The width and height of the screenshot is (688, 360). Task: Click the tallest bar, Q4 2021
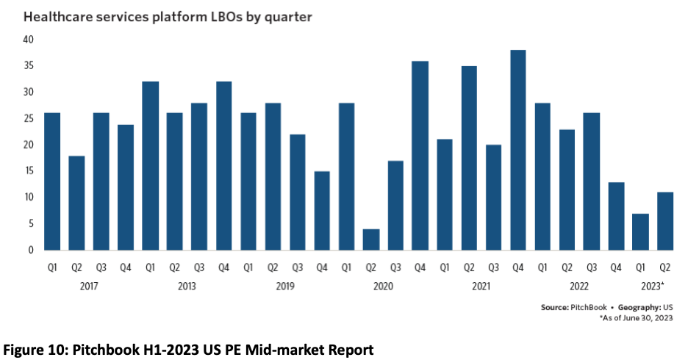pos(518,150)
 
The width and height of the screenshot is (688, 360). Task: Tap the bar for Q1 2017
pos(51,181)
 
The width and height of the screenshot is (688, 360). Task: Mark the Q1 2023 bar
pos(641,231)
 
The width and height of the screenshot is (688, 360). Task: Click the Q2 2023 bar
pos(665,221)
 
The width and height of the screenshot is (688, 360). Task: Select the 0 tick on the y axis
pos(32,250)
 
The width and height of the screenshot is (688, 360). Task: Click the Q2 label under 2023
pos(665,268)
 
